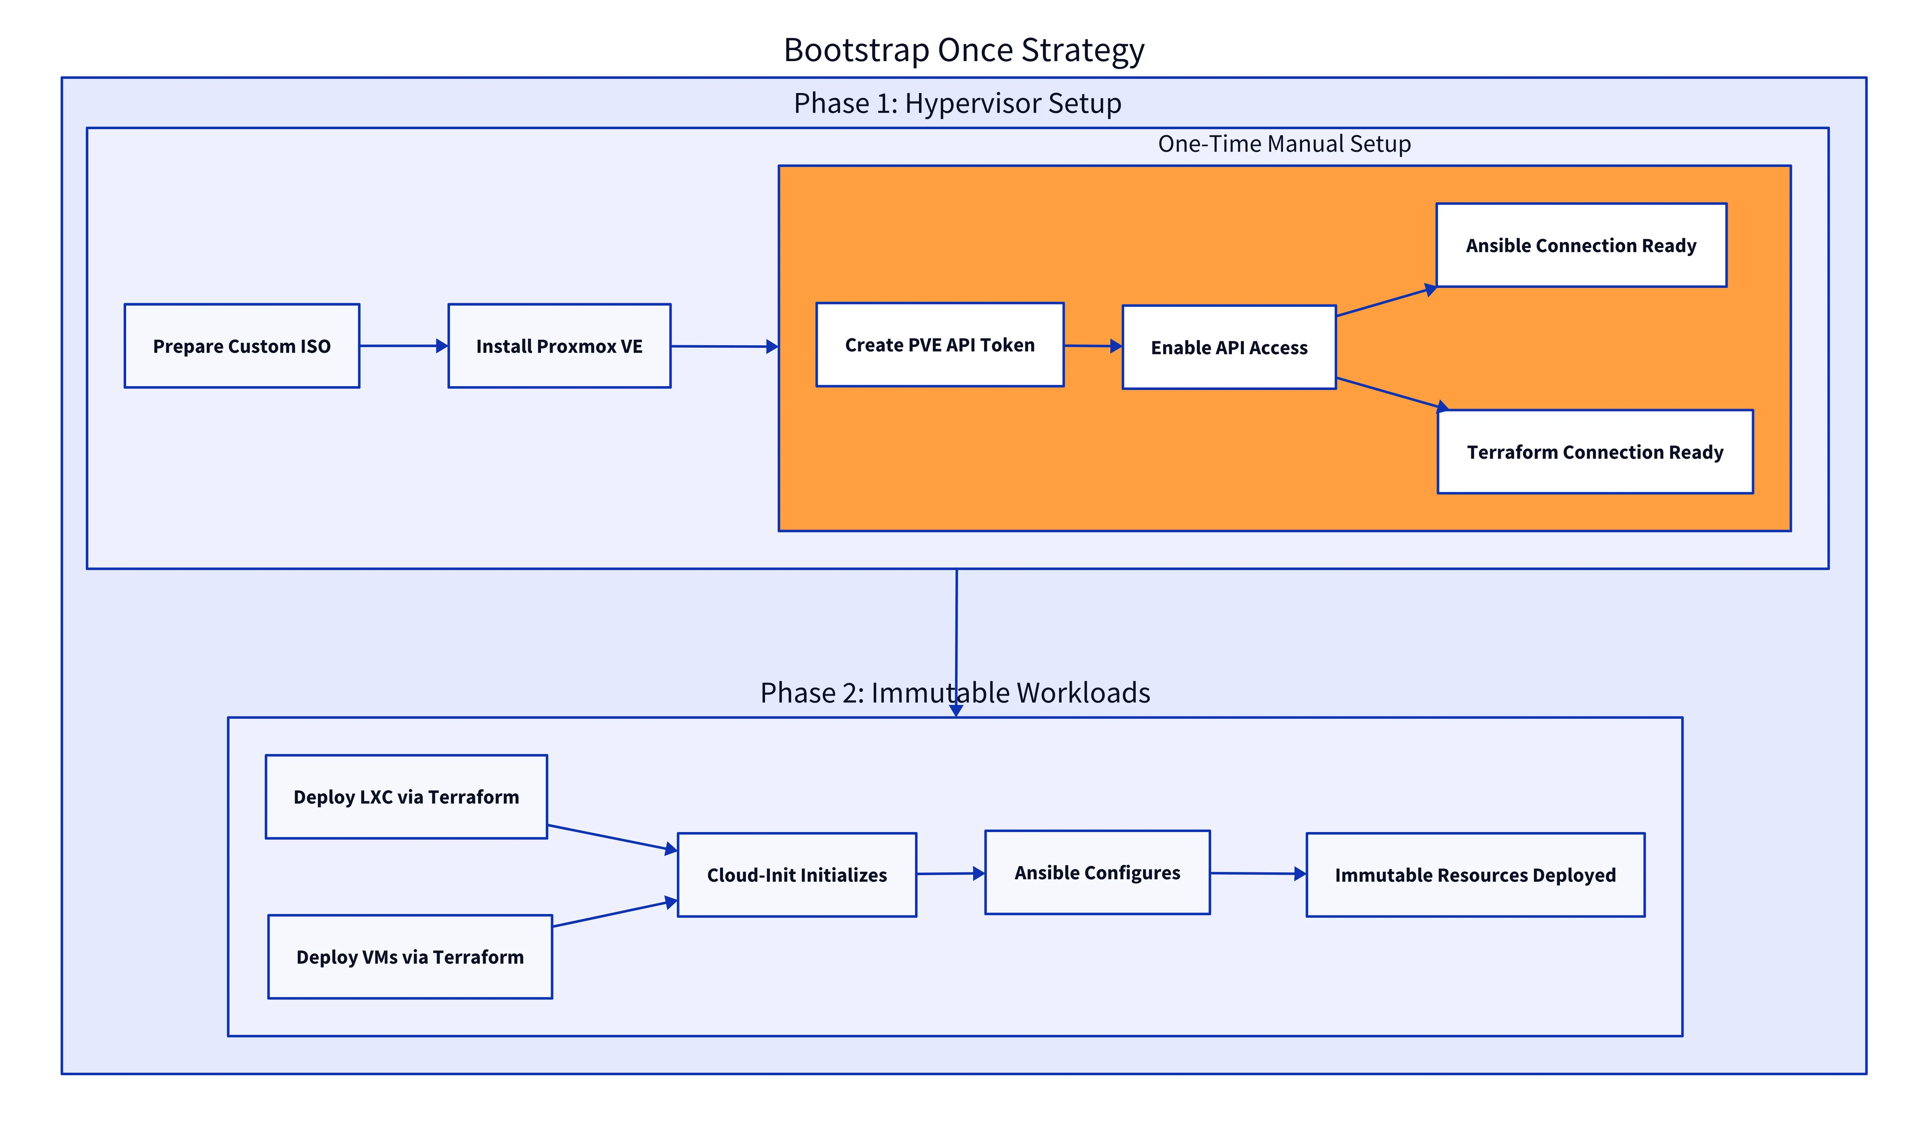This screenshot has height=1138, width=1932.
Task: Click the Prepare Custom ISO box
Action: [241, 346]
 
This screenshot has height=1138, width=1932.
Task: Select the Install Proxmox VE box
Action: [559, 346]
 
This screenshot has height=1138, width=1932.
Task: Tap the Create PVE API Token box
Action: [939, 345]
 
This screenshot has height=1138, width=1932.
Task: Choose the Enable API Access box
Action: [1229, 347]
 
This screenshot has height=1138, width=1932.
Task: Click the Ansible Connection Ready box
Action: [1581, 246]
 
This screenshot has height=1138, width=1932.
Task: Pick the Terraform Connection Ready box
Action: [1595, 452]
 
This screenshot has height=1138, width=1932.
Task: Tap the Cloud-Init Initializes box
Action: [797, 875]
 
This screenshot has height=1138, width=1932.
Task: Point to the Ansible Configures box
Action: [1097, 873]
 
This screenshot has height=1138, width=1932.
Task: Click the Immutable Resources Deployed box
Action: [1475, 875]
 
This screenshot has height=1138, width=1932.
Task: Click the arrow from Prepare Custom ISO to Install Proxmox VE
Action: [403, 346]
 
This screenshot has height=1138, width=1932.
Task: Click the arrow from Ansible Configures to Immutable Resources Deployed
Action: [1258, 873]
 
